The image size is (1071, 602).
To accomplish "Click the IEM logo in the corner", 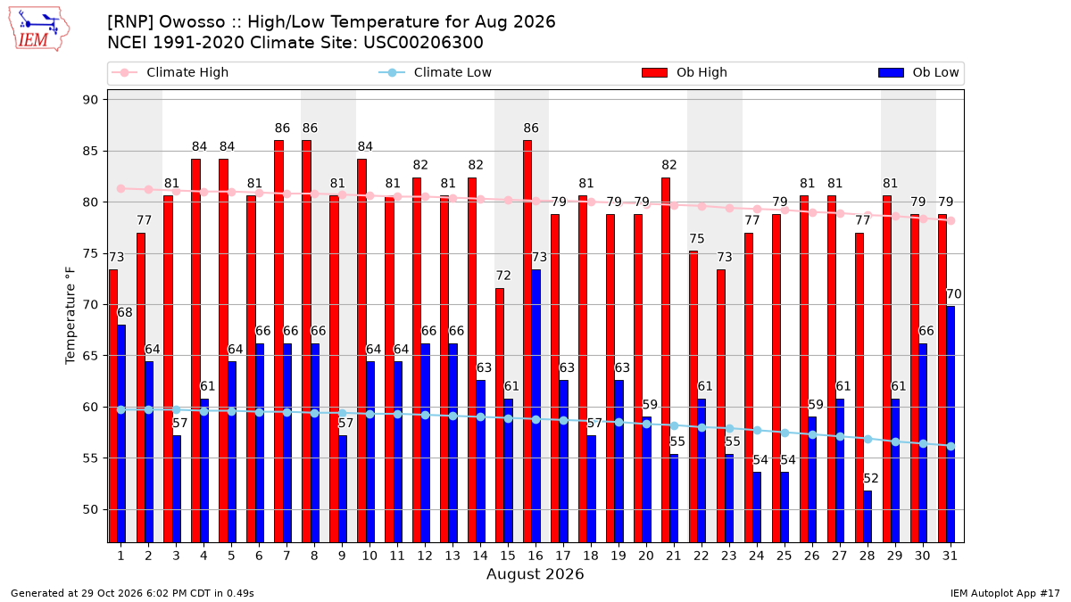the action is click(38, 29).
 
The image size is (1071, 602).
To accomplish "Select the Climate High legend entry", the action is click(170, 72).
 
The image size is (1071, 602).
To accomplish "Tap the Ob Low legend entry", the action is click(918, 72).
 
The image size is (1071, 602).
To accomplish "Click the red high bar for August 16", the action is click(527, 341).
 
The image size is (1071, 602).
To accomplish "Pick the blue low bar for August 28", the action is click(868, 516).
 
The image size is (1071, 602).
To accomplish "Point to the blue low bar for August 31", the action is click(951, 425).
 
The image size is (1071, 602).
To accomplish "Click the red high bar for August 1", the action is click(112, 406).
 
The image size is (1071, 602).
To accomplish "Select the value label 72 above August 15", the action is click(503, 276).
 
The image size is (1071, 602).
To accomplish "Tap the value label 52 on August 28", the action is click(871, 478).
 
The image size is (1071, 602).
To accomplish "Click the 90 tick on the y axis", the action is click(90, 100).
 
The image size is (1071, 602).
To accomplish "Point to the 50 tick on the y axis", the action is click(90, 510).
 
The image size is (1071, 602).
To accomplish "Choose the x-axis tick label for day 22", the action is click(701, 557).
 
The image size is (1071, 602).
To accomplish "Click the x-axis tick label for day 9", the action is click(342, 557).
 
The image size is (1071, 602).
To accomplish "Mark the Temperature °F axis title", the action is click(71, 316).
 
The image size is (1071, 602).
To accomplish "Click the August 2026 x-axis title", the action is click(535, 573).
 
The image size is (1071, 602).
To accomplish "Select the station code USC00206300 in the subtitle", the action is click(423, 43).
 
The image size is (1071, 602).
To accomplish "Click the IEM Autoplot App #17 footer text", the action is click(1005, 593).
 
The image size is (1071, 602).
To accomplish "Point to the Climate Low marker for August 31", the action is click(951, 446).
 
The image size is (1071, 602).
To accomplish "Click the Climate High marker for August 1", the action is click(121, 189).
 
